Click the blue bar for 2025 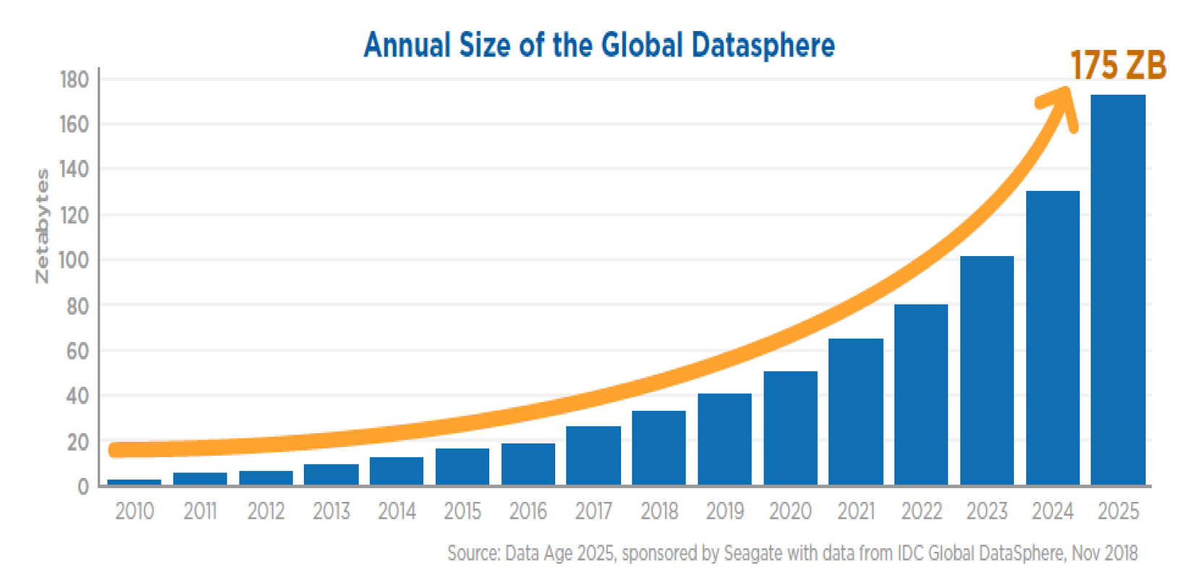(x=1117, y=289)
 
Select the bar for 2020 (x=790, y=427)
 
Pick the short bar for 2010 (x=134, y=482)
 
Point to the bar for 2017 (x=593, y=455)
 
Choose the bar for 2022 (x=921, y=394)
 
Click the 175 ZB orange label (x=1117, y=66)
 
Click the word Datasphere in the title (x=763, y=45)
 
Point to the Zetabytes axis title (x=43, y=226)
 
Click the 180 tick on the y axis (x=74, y=80)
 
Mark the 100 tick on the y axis (x=74, y=260)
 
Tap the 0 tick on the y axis (x=83, y=487)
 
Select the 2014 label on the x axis (x=397, y=511)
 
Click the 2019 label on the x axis (x=724, y=511)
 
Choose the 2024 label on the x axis (x=1052, y=511)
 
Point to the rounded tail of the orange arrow (x=116, y=450)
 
